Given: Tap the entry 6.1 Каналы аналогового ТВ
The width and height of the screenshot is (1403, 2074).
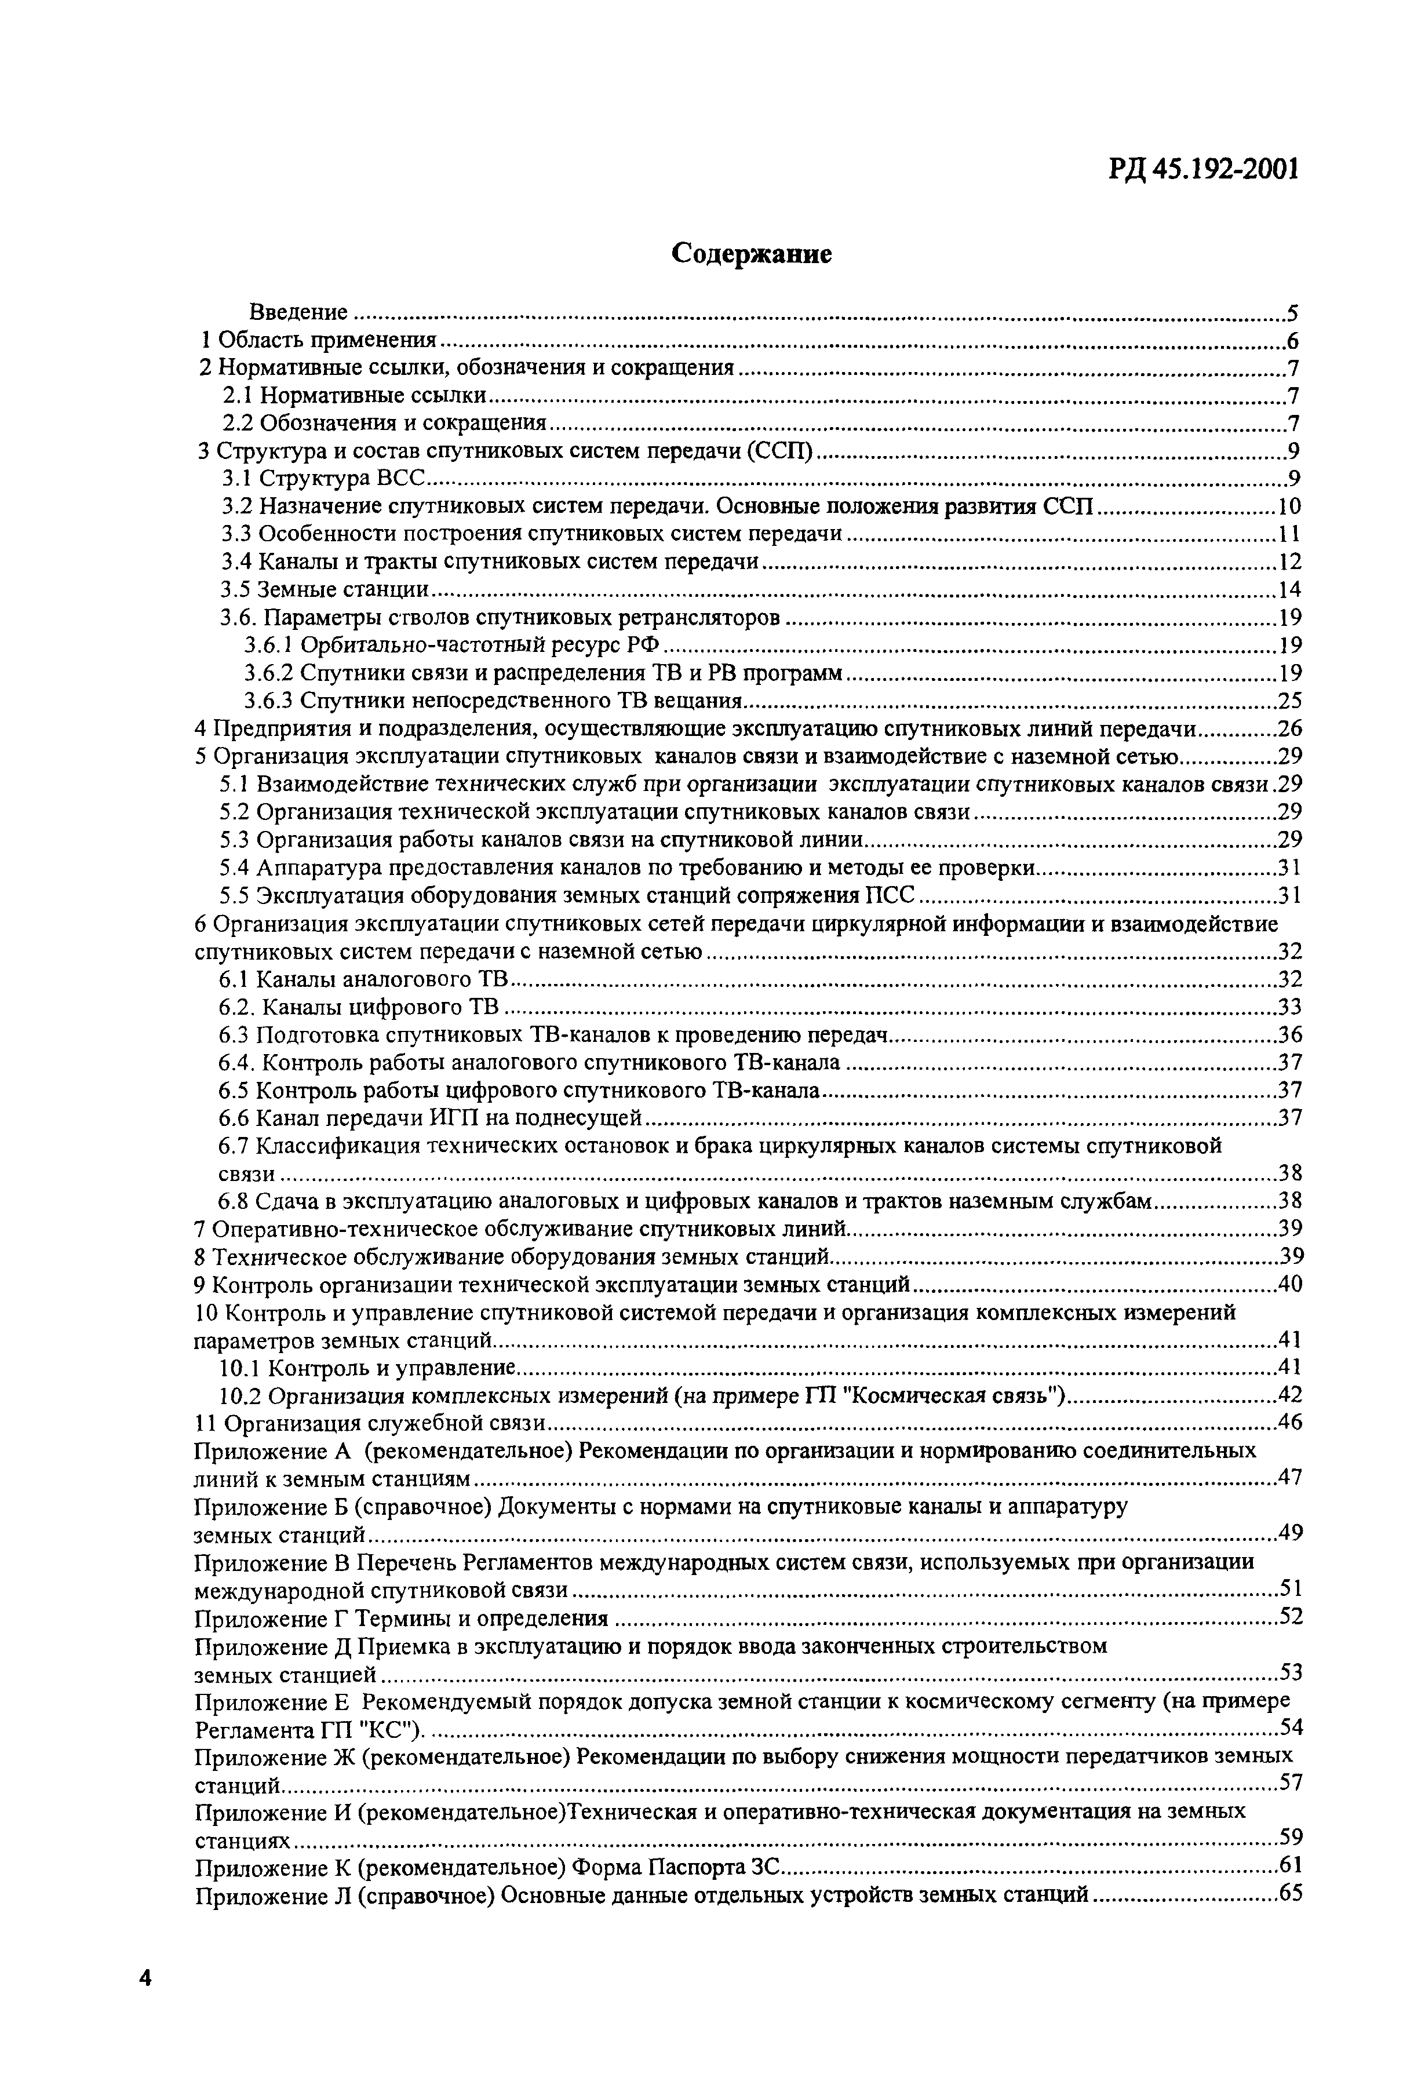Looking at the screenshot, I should point(363,979).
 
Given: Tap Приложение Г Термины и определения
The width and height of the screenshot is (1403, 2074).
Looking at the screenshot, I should point(400,1618).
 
